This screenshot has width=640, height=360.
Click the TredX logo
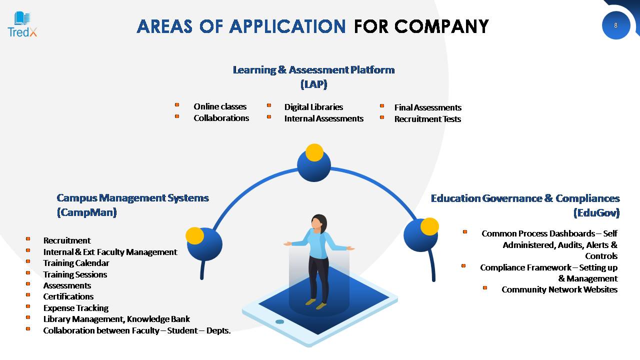22,24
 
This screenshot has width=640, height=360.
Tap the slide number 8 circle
616,25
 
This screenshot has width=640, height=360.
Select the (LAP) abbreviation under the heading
313,84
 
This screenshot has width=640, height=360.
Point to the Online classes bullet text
220,106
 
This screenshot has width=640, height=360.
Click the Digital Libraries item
313,107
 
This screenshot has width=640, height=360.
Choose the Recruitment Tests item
427,119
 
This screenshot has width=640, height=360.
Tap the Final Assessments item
428,107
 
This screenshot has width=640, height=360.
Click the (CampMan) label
87,212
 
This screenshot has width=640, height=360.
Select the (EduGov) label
596,213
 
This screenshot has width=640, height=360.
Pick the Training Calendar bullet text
76,263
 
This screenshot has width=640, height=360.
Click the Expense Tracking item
76,308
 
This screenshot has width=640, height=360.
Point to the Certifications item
68,296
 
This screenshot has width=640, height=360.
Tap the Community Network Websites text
559,289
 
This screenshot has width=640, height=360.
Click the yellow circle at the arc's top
314,152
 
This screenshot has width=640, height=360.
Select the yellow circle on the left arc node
194,236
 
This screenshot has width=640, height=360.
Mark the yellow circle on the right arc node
429,226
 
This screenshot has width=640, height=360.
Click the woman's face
316,223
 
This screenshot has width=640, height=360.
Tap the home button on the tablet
279,321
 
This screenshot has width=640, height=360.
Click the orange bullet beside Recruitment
28,239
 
